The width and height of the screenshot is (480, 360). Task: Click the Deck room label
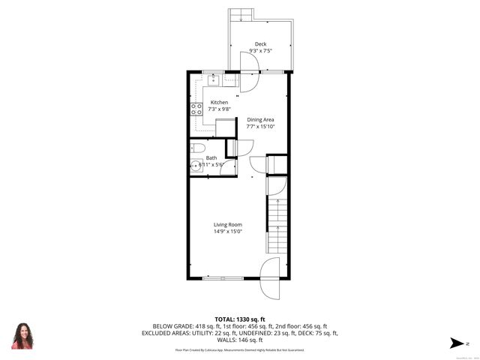[260, 44]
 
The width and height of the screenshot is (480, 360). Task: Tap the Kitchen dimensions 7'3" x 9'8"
[219, 109]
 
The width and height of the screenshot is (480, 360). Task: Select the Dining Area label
[261, 119]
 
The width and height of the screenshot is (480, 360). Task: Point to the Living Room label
[227, 224]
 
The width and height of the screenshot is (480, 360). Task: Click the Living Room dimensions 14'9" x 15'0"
[227, 232]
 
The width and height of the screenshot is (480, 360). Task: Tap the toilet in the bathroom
[196, 148]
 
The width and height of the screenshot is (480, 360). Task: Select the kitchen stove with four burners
[196, 112]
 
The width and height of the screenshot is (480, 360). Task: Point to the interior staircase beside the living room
[275, 225]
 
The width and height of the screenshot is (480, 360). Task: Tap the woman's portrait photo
[22, 335]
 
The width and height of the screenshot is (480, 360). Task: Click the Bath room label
[211, 158]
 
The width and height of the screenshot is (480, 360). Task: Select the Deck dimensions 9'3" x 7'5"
[260, 51]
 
